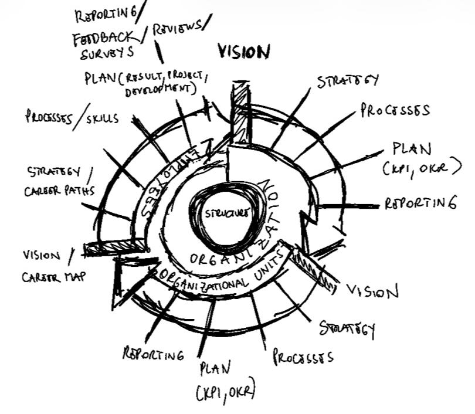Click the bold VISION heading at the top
[244, 52]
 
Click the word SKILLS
[103, 118]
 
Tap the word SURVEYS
[107, 53]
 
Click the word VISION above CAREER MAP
[42, 256]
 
